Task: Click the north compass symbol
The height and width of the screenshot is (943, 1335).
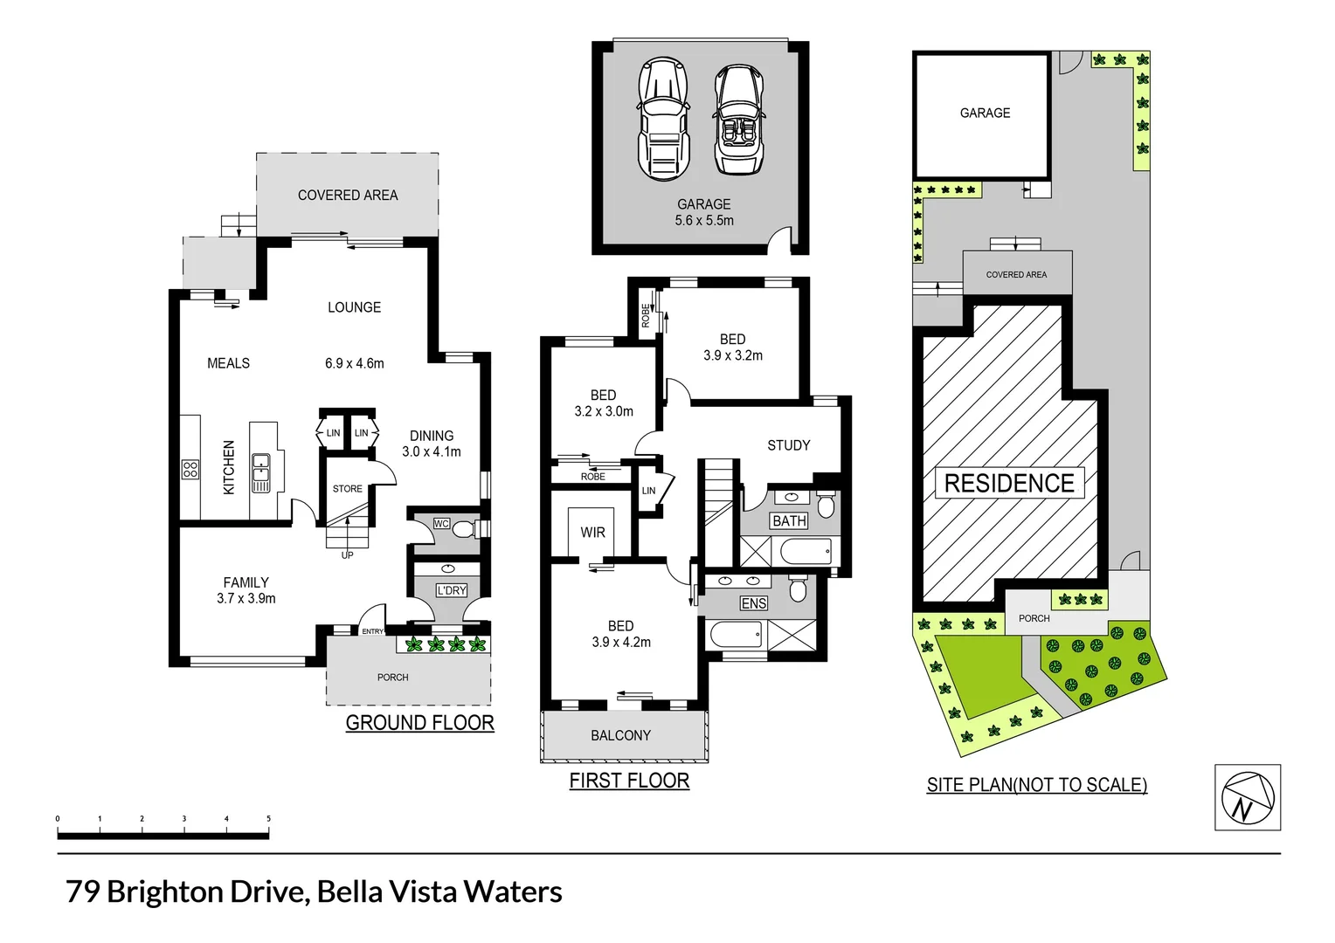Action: (1248, 797)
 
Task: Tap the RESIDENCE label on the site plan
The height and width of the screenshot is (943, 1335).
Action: (1009, 483)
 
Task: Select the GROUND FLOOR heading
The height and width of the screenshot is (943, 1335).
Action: (419, 723)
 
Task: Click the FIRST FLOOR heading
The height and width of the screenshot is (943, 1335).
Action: (629, 781)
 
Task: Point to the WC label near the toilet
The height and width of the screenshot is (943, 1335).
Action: (441, 524)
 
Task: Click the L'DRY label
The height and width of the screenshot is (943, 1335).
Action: (452, 590)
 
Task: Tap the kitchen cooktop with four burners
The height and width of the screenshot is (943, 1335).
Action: (190, 469)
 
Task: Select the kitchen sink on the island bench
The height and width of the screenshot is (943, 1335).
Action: (260, 472)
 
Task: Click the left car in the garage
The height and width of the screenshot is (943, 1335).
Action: (663, 118)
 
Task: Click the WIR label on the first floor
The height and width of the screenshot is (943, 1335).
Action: (592, 533)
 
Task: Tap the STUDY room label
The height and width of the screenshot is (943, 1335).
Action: (788, 445)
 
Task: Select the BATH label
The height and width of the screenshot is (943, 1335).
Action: (789, 521)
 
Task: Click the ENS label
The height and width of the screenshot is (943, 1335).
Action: (753, 603)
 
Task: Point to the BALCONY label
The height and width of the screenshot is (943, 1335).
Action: (620, 735)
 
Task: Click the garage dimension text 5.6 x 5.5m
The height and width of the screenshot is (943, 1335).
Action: (704, 221)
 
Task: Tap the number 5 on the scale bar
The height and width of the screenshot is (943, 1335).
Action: (268, 819)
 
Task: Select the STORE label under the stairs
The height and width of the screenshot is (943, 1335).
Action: (347, 489)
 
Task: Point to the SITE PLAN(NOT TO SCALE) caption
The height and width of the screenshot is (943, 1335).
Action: (1036, 785)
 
